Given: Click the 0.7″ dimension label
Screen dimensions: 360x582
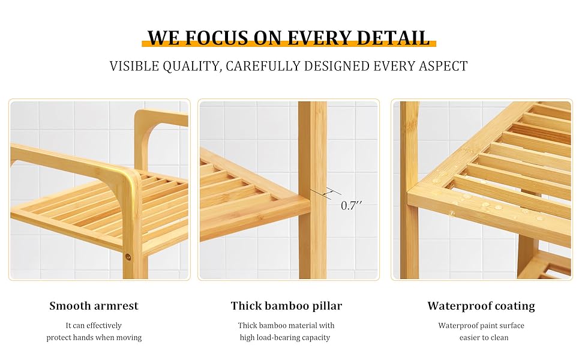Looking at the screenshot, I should click(352, 205).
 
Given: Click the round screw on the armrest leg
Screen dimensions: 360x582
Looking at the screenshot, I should click(128, 256).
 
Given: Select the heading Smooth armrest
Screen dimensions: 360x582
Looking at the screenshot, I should click(94, 306).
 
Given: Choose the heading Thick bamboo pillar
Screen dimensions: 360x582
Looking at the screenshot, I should click(286, 306).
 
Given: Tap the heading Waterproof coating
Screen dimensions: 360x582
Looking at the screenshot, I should click(481, 306).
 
